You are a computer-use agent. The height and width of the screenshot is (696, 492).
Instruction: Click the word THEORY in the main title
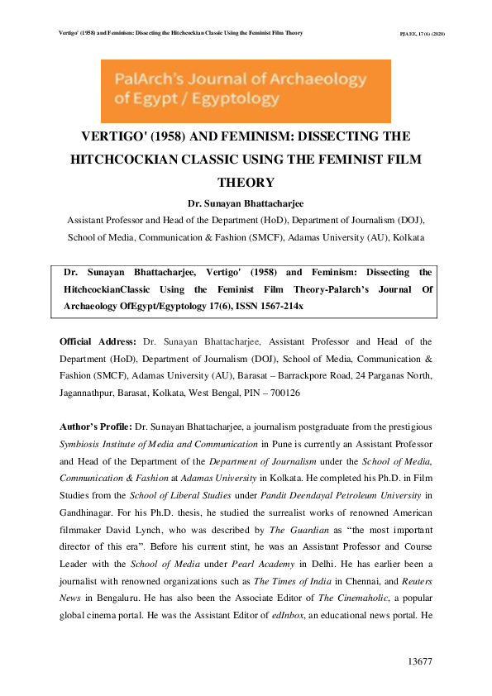click(x=246, y=182)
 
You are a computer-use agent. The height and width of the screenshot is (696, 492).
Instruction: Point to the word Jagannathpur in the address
click(x=91, y=394)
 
